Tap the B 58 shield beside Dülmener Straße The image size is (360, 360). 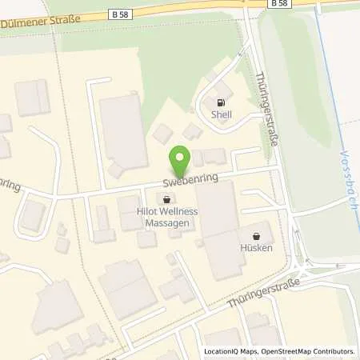(119, 14)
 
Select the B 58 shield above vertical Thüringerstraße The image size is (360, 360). (278, 3)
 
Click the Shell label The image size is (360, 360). (221, 114)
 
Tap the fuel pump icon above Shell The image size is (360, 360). (222, 102)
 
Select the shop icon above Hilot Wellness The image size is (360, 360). (166, 199)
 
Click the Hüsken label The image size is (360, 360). (256, 248)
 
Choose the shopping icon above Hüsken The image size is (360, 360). (256, 236)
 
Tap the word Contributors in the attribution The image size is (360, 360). (333, 351)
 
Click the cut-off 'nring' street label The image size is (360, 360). (8, 186)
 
